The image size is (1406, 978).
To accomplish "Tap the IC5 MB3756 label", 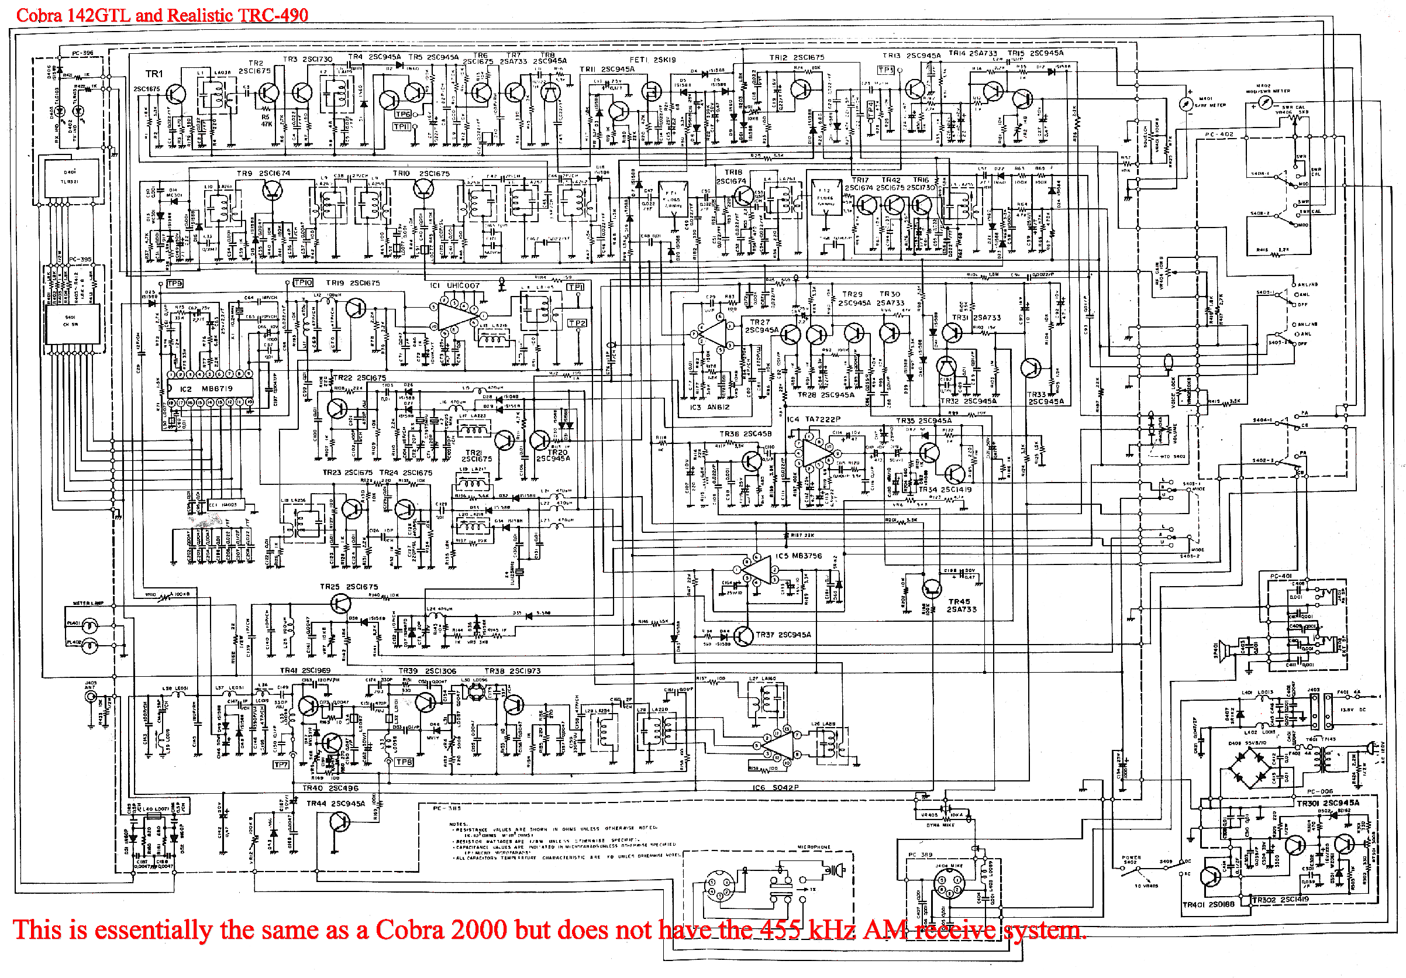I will (x=798, y=556).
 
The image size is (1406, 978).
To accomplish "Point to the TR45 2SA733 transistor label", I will (x=962, y=605).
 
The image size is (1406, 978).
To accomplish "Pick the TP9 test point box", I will (x=174, y=284).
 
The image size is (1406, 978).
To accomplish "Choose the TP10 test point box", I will (x=303, y=283).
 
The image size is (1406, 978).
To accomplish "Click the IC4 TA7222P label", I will (x=814, y=419).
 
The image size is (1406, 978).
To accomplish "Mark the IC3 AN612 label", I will (x=710, y=407).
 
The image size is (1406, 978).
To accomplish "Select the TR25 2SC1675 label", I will (x=349, y=587).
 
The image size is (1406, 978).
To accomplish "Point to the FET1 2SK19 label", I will (x=653, y=60).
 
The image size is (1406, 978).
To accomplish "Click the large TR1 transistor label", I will (x=154, y=74).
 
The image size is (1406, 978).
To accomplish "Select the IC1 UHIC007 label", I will (x=454, y=285).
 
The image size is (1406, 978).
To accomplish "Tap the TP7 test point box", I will (x=281, y=765).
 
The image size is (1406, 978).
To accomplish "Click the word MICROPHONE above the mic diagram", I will (x=814, y=847).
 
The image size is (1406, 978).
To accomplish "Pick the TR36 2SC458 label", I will (x=745, y=433).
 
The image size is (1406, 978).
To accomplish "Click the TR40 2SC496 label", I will (x=330, y=788).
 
